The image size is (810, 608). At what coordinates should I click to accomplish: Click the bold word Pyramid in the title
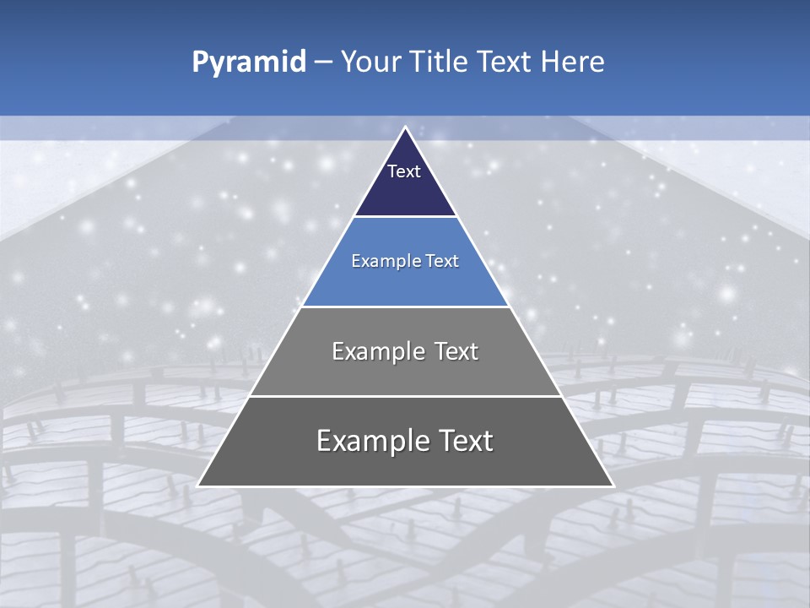(x=248, y=62)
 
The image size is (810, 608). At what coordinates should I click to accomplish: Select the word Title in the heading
(x=438, y=62)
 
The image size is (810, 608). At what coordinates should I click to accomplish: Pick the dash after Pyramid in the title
(x=323, y=62)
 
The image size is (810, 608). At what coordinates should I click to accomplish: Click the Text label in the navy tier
(x=404, y=171)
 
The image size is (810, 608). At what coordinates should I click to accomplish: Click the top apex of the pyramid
(x=405, y=128)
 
